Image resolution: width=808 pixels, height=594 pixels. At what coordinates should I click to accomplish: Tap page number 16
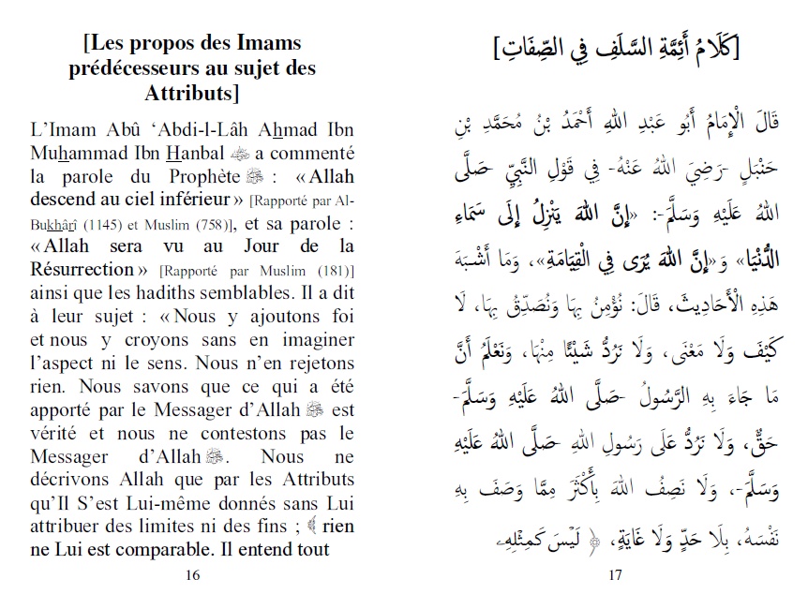pos(194,573)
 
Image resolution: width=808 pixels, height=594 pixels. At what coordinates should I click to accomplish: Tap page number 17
pos(615,573)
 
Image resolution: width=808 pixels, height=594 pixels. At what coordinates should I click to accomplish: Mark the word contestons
pos(246,433)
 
